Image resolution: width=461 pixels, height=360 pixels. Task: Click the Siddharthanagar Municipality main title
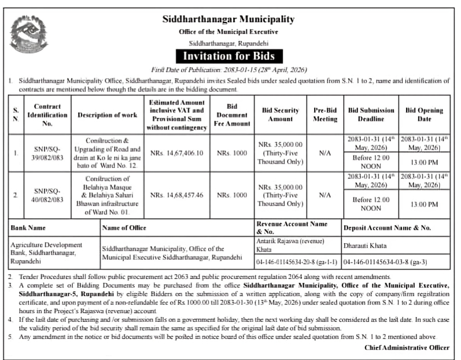point(228,20)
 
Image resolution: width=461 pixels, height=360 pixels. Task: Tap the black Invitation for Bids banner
point(228,55)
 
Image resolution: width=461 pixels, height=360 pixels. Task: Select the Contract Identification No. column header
point(47,115)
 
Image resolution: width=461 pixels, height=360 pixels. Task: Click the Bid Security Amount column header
point(281,114)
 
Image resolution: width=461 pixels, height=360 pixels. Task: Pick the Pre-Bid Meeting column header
point(325,114)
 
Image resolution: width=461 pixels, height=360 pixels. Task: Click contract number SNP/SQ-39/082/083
point(47,153)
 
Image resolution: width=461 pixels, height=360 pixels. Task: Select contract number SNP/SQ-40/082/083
point(47,195)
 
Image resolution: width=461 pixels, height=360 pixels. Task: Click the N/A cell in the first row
point(325,153)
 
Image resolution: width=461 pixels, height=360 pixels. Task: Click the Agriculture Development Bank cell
point(46,253)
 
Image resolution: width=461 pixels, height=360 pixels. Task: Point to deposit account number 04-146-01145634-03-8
point(385,262)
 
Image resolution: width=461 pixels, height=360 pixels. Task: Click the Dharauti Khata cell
point(364,245)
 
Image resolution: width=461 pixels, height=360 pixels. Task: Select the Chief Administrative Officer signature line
point(407,347)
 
